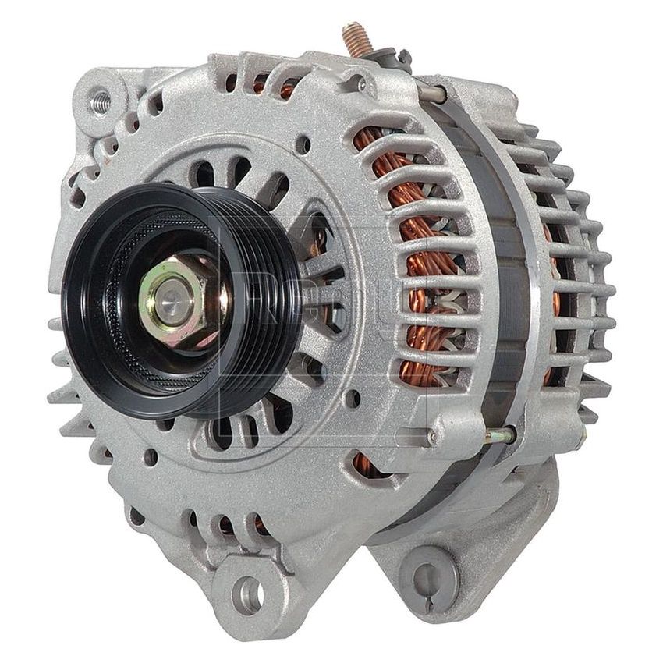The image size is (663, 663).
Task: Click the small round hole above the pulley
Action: (302, 144)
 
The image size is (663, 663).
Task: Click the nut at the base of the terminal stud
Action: (386, 58)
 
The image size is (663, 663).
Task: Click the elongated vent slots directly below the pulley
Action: (234, 429)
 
